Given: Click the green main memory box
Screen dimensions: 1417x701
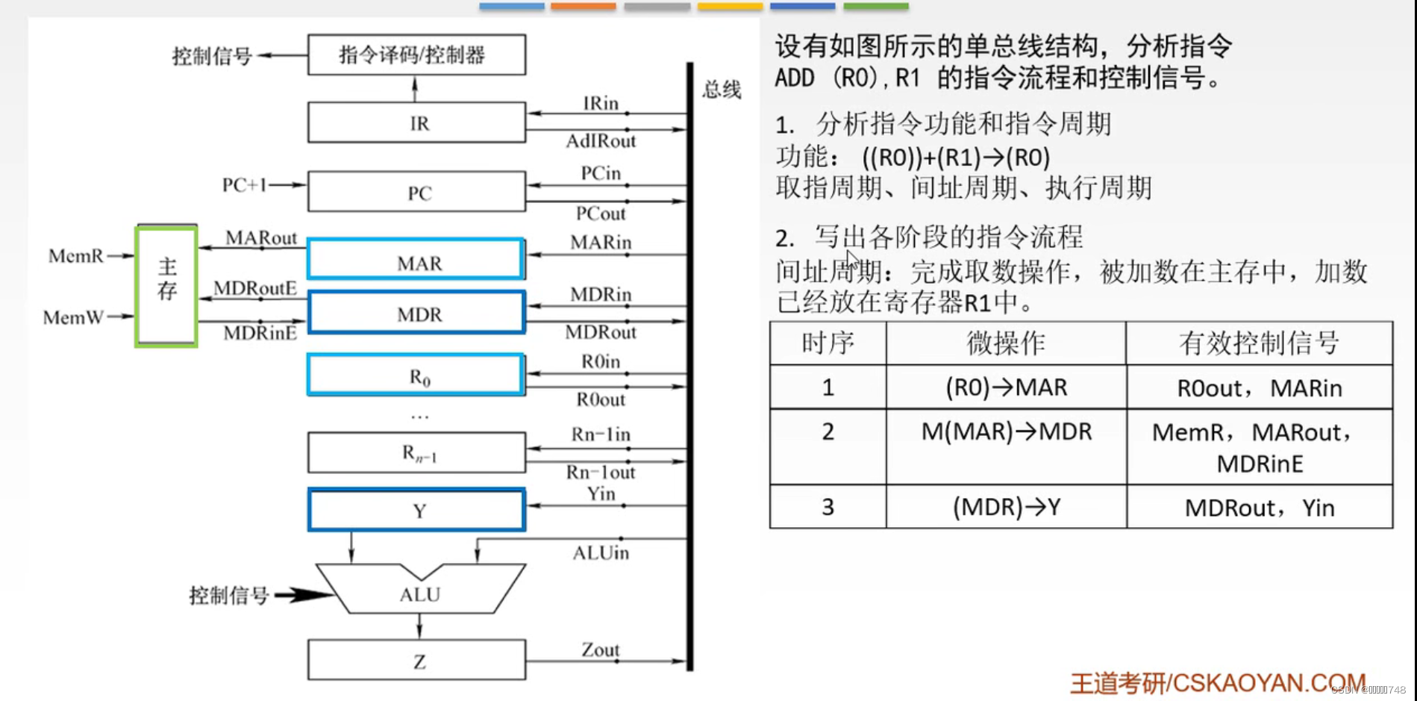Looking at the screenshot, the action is tap(166, 286).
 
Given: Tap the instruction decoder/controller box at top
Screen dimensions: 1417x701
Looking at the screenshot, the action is tap(416, 54).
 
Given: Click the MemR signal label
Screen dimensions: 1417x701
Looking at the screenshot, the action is tap(75, 256).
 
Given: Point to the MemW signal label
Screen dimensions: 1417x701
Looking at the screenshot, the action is tap(73, 317).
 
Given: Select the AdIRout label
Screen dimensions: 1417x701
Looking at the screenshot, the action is tap(601, 141).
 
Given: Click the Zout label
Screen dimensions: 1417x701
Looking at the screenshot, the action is tap(601, 649).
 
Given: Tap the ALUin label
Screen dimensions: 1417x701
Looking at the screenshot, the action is tap(601, 552).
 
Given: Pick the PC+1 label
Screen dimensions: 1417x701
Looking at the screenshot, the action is tap(244, 184).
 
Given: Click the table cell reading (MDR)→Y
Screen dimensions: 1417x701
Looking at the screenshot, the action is tap(1006, 507).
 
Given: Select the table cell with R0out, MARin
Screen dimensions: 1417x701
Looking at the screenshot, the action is tap(1259, 387).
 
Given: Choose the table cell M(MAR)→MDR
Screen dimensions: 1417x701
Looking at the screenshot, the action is tap(1006, 431).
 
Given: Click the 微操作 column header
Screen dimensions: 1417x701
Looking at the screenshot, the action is tap(1006, 343).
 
